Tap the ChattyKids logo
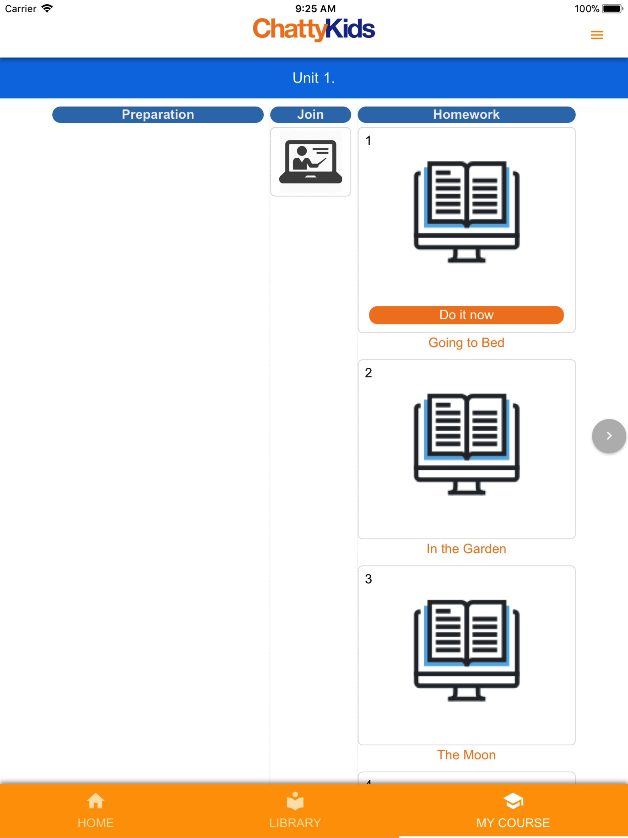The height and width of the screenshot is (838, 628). (314, 29)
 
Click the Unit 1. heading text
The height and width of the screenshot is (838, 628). (314, 78)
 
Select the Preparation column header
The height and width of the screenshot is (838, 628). (158, 114)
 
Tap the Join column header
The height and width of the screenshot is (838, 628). (311, 114)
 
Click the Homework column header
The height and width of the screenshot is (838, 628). (466, 114)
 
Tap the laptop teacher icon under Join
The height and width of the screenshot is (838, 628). (311, 162)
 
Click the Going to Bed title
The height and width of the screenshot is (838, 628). (466, 343)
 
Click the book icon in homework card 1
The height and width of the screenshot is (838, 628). (466, 212)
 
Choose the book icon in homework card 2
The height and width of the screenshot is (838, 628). (466, 444)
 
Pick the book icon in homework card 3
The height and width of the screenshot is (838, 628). (466, 650)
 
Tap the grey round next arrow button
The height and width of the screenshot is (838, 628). (609, 436)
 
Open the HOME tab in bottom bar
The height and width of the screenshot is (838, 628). (95, 811)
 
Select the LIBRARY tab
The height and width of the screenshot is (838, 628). (295, 811)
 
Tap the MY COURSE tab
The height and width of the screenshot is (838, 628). (513, 811)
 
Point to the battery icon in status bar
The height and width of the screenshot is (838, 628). (612, 9)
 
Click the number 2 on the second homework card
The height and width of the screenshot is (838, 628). (368, 373)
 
